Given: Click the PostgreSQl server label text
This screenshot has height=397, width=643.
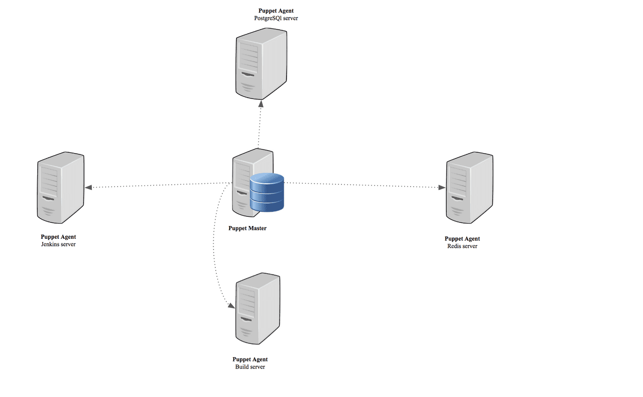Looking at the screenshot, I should (273, 18).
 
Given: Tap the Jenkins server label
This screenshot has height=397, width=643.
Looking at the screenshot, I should (58, 244).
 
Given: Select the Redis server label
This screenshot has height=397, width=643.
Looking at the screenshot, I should (462, 246).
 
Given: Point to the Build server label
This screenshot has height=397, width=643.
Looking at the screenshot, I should (250, 367).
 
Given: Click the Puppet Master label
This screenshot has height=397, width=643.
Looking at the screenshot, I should (247, 228).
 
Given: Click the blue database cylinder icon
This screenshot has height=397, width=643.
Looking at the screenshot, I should (267, 193).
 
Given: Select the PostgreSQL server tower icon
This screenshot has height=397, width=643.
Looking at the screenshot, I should (261, 64).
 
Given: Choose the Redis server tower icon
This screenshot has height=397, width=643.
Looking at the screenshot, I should (469, 189).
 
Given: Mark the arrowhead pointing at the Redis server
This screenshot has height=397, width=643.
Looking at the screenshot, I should (442, 187).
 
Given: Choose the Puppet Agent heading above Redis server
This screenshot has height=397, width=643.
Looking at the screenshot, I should (462, 239).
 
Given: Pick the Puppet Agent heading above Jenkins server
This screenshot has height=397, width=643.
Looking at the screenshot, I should (58, 237).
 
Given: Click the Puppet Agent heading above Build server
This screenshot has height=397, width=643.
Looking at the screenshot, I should (250, 359).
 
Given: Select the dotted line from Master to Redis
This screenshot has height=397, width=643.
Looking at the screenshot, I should (363, 185).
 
